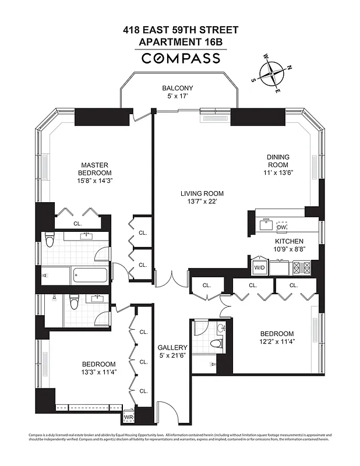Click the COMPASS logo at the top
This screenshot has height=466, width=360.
click(x=181, y=58)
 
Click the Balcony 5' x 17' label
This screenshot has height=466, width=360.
click(x=178, y=93)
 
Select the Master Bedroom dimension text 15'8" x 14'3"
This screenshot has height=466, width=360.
click(x=96, y=181)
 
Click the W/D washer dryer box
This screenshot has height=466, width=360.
click(x=259, y=268)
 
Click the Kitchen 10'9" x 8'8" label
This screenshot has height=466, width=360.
click(x=290, y=245)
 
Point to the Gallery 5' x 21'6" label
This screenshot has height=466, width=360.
click(x=172, y=352)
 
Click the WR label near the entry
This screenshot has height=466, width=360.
click(x=128, y=418)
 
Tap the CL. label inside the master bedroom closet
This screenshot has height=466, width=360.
click(x=77, y=223)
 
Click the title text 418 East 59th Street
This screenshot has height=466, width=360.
click(x=180, y=30)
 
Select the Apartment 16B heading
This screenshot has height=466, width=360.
click(x=180, y=42)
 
